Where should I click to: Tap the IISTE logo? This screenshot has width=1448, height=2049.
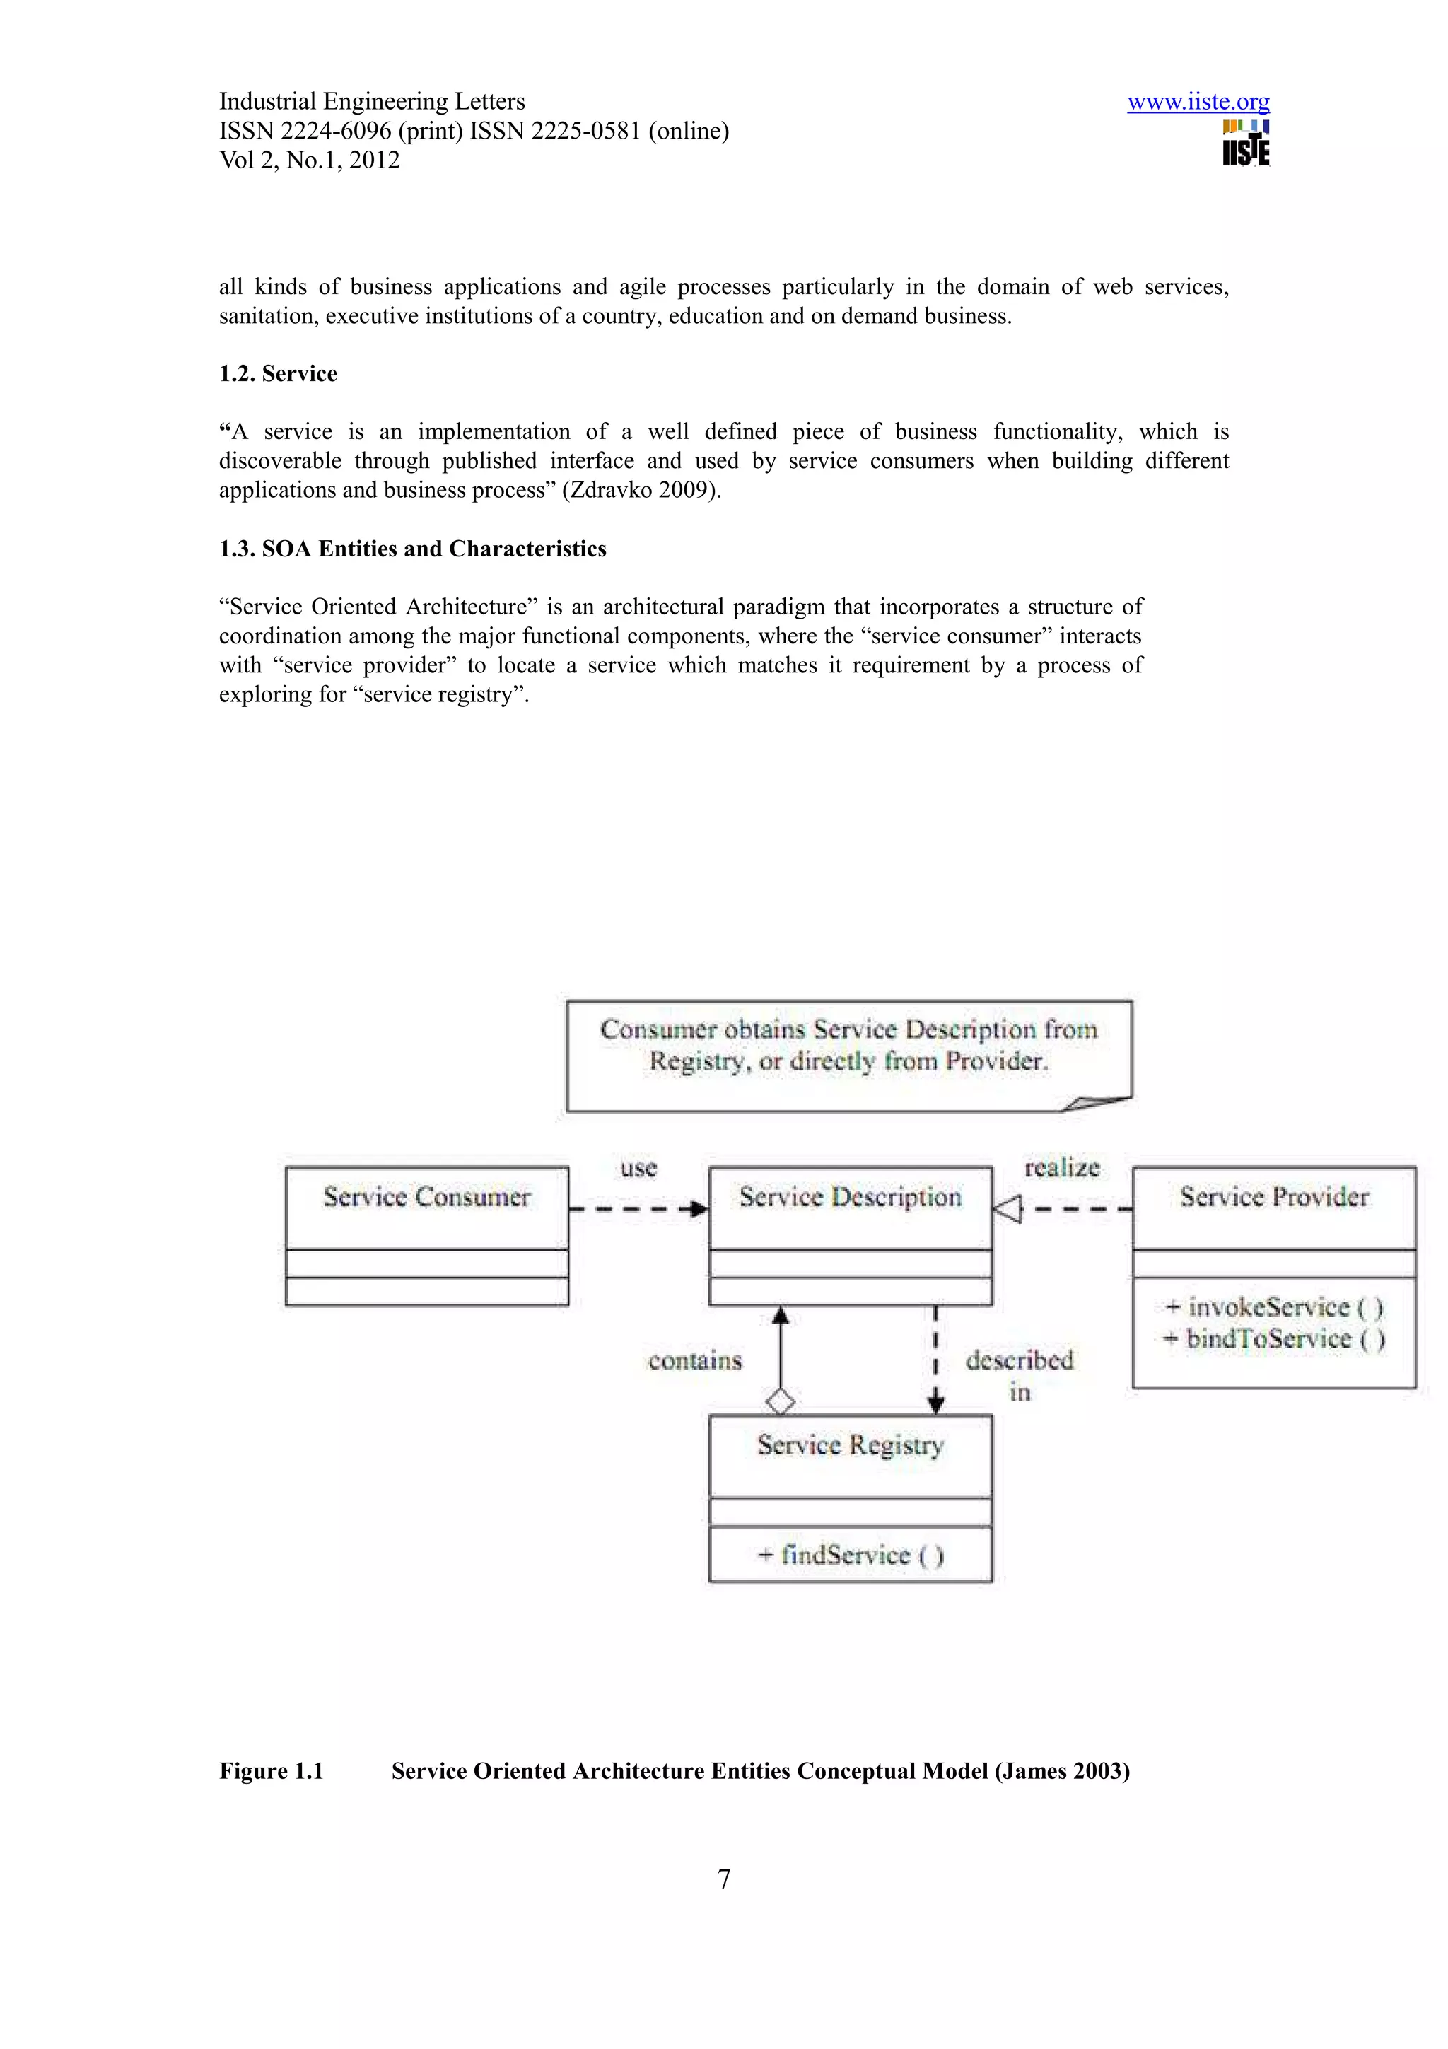tap(1246, 144)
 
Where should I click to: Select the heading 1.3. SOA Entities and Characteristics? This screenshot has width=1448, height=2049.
tap(412, 549)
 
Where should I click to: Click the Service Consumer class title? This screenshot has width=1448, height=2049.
tap(426, 1198)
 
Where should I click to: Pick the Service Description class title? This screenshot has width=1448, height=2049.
tap(849, 1198)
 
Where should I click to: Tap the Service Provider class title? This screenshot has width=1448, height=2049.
tap(1273, 1198)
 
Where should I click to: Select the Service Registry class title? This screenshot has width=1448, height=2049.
tap(849, 1444)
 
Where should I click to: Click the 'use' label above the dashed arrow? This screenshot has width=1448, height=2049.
tap(638, 1168)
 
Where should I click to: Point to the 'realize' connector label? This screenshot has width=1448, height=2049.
tap(1062, 1167)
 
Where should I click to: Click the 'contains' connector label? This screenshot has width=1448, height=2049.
tap(695, 1361)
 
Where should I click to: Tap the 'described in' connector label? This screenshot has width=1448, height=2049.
tap(1019, 1374)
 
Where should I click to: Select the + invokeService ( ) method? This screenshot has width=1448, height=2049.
tap(1273, 1307)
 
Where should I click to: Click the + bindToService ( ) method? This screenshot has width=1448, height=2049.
tap(1273, 1338)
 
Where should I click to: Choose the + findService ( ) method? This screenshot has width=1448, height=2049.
tap(849, 1555)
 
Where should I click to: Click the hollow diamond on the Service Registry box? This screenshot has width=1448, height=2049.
tap(781, 1401)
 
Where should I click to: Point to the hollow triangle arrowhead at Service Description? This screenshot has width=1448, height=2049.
tap(1008, 1210)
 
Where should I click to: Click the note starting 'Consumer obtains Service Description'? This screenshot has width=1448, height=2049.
tap(848, 1046)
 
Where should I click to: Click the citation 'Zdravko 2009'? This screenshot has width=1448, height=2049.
tap(640, 491)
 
